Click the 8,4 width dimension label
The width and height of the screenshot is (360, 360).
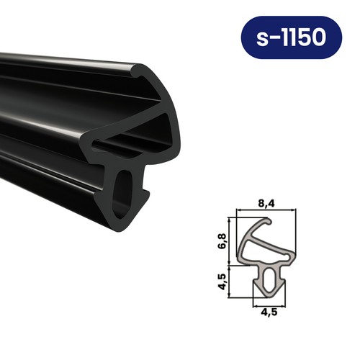(266, 204)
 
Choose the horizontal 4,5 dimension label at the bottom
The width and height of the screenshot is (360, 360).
(269, 311)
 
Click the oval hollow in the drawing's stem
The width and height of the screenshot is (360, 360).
(269, 282)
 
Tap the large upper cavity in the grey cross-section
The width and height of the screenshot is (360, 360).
(259, 246)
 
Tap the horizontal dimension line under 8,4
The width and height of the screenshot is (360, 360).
(266, 211)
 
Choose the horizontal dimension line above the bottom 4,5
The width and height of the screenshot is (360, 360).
(269, 303)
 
